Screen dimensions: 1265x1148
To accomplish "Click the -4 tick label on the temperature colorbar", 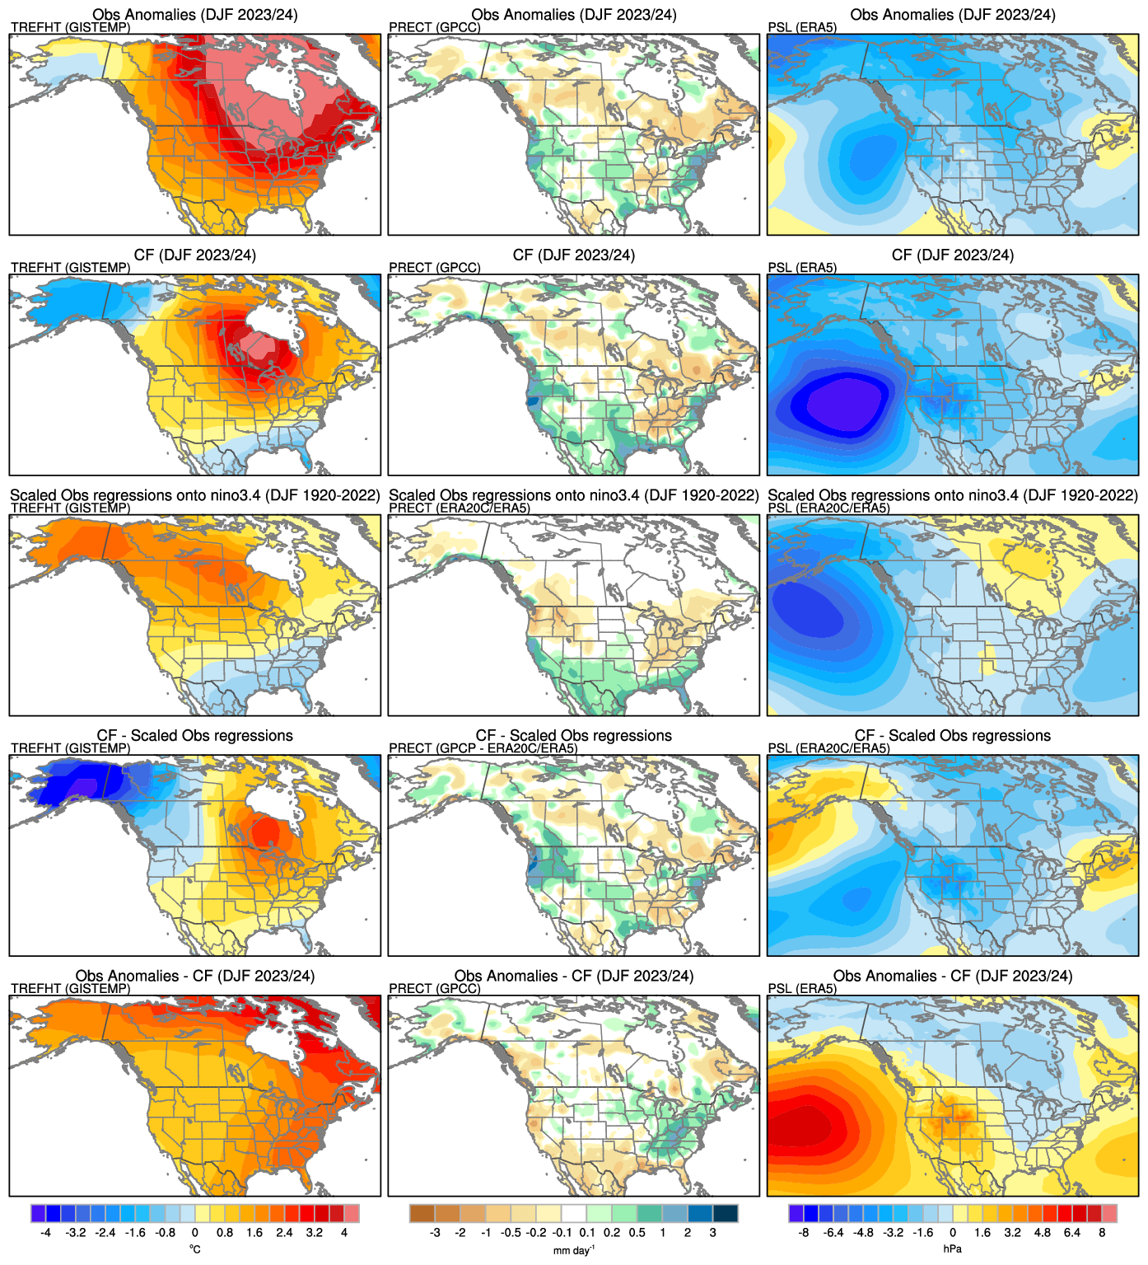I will [45, 1233].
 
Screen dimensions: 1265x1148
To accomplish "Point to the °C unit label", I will [195, 1249].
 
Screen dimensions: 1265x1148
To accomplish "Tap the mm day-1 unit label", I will [574, 1249].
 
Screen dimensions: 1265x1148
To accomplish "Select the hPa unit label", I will [952, 1249].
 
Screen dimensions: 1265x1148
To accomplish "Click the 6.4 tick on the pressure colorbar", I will [1071, 1233].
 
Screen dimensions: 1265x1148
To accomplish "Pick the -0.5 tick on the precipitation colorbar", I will [511, 1233].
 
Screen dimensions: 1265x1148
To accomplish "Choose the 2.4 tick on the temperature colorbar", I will [284, 1233].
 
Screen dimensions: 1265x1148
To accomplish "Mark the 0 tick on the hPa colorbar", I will [953, 1233].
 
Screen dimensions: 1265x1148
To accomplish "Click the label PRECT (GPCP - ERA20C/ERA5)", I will [483, 748].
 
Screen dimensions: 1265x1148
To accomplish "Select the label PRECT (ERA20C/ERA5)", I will [459, 508].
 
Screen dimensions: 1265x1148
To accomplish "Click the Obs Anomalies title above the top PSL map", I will [953, 15].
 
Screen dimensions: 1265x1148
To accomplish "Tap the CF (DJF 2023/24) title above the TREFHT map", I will [195, 255].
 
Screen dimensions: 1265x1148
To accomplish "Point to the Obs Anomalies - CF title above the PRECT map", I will [574, 976].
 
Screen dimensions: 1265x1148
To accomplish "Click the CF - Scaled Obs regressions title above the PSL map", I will [953, 735].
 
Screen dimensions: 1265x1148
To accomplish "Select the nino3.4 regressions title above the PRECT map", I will [574, 495].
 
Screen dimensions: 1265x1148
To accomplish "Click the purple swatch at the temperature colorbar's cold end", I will [38, 1213].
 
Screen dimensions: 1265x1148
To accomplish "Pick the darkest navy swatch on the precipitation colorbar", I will [726, 1213].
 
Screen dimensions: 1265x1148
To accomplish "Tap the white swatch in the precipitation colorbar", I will [574, 1213].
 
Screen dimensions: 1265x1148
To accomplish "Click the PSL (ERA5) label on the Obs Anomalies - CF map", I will [802, 988].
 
